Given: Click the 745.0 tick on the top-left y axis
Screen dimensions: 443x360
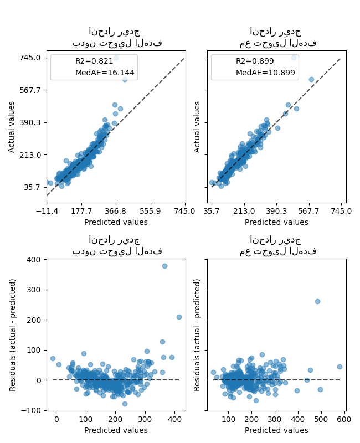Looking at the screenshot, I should click(x=30, y=58).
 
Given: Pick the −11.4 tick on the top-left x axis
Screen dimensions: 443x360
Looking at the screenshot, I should click(x=47, y=210).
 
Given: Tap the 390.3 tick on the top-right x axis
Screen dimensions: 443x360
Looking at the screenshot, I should click(x=276, y=210).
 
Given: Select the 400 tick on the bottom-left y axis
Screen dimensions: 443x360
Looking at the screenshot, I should click(x=33, y=260).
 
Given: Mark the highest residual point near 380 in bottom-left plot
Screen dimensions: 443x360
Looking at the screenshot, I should click(x=164, y=266).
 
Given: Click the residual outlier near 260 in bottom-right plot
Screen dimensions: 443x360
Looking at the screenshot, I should click(x=317, y=301).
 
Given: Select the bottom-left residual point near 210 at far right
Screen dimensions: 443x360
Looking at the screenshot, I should click(x=179, y=317).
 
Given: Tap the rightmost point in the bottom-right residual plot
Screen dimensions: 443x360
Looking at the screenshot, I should click(x=340, y=367).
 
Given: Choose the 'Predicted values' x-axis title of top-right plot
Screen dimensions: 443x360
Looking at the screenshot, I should click(x=276, y=222).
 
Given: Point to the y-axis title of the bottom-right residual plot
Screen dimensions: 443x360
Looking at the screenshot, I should click(x=198, y=334).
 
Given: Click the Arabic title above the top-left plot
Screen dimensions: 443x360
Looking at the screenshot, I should click(x=116, y=37).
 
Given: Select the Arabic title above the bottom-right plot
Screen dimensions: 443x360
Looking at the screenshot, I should click(x=277, y=245).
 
